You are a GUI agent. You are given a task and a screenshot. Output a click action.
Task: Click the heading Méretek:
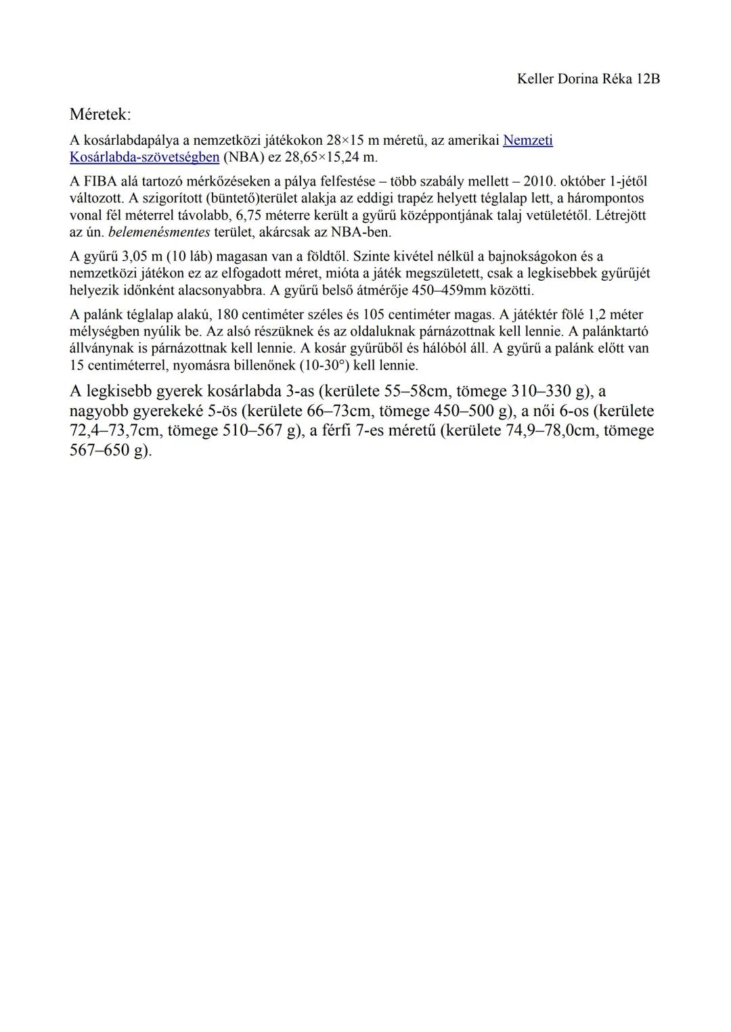[101, 114]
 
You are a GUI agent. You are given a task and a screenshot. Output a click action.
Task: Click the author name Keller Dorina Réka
[574, 79]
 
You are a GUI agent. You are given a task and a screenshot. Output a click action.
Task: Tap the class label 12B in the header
[648, 79]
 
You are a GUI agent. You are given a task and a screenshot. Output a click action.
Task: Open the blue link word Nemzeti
[528, 141]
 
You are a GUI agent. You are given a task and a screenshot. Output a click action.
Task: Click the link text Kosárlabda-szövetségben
[144, 158]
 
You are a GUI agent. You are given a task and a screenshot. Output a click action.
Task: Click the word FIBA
[99, 182]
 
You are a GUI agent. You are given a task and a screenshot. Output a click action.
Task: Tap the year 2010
[539, 182]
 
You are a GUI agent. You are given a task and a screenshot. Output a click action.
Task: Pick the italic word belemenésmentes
[160, 233]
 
